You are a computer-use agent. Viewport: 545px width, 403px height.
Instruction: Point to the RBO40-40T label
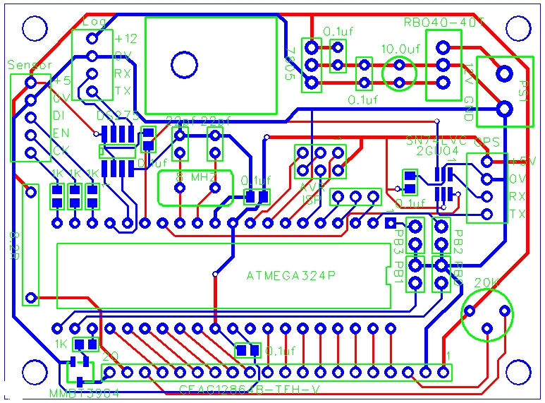444,22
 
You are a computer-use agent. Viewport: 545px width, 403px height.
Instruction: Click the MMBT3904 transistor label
84,393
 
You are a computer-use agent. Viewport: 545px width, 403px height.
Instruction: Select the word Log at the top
94,22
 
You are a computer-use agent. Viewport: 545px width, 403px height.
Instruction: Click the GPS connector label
487,141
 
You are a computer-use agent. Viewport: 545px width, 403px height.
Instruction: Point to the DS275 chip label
114,114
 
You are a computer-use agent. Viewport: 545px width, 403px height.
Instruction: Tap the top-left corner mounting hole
34,28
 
